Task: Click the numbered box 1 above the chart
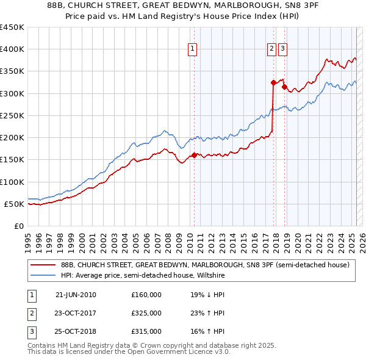[192, 50]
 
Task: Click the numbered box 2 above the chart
[271, 50]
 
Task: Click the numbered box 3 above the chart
[283, 50]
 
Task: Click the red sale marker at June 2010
[194, 155]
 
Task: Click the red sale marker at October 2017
[273, 82]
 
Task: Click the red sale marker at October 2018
[284, 87]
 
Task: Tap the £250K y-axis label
[12, 115]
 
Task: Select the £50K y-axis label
[15, 204]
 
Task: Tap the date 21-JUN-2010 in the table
[76, 295]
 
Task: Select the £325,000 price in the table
[146, 313]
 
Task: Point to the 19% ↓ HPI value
[207, 295]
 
